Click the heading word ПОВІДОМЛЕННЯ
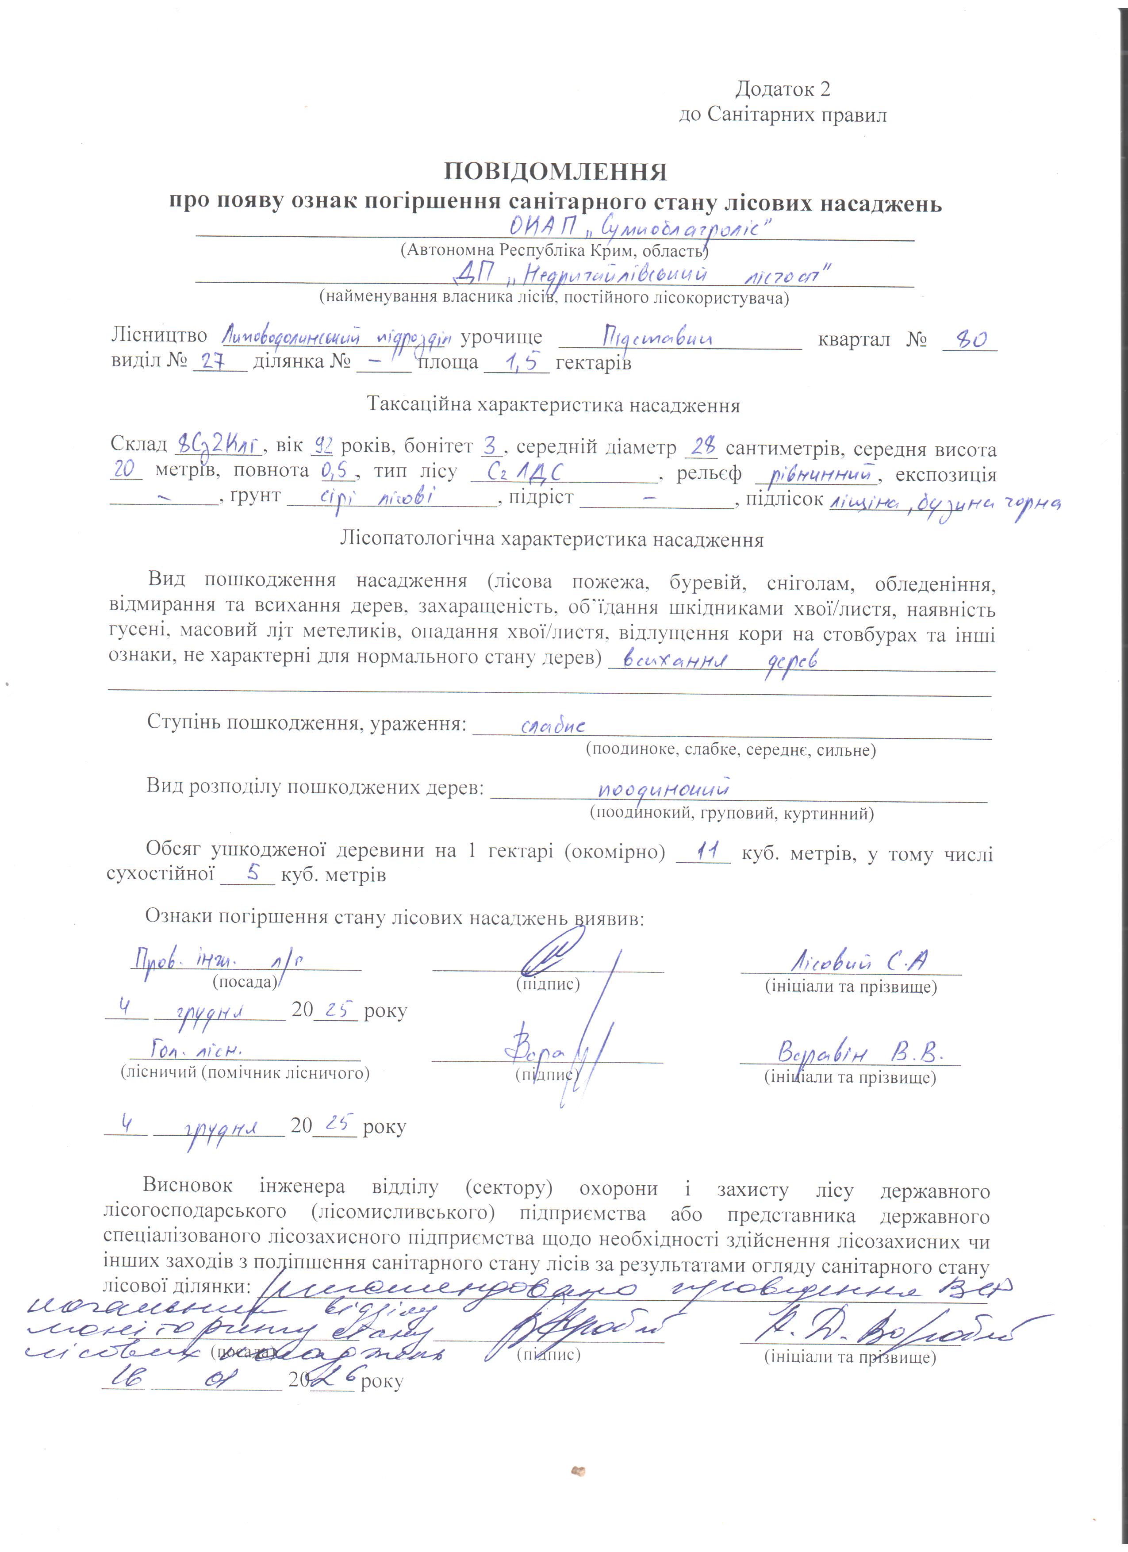556,172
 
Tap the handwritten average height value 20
124,470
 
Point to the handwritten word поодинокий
663,790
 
